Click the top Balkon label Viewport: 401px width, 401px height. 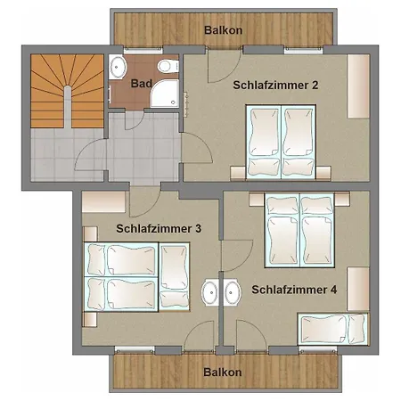(222, 29)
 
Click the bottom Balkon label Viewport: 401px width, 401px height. (222, 372)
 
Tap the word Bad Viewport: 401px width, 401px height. (141, 84)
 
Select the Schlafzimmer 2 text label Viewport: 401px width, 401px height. (277, 86)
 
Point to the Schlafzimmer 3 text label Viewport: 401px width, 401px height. (159, 228)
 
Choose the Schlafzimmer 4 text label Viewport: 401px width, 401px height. (294, 290)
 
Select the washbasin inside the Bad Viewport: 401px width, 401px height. (119, 68)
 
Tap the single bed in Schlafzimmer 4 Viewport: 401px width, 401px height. (334, 329)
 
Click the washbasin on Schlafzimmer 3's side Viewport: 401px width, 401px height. (210, 292)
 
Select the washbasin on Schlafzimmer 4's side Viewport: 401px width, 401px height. (233, 292)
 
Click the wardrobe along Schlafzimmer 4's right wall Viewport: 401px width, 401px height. (357, 288)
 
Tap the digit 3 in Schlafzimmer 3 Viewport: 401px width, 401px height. (197, 228)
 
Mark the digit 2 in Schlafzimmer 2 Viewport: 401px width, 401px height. (315, 86)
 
